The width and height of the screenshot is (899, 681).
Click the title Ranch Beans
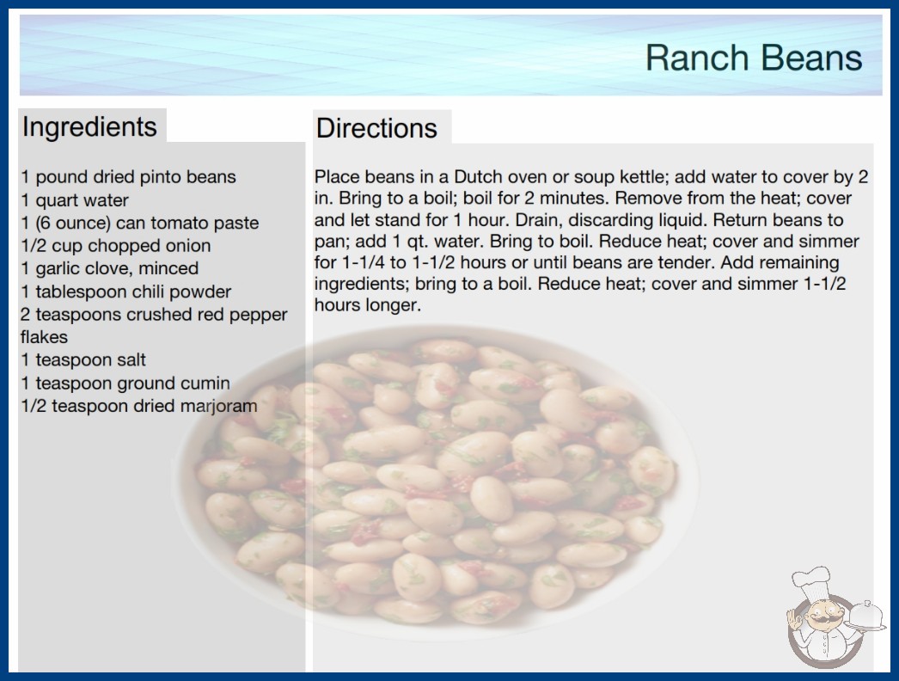pos(754,58)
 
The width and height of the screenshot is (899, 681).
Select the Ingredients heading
pos(89,127)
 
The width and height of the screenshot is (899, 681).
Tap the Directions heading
pos(376,128)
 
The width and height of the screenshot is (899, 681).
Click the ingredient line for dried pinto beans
pos(128,177)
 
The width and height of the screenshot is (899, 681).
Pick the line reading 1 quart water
pos(75,200)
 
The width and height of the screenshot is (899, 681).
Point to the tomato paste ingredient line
pos(140,224)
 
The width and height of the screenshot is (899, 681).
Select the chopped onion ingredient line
pos(116,246)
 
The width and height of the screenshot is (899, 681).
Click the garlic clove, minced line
pos(110,268)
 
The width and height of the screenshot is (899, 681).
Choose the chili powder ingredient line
pos(126,291)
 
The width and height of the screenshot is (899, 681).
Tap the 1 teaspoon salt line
pos(83,359)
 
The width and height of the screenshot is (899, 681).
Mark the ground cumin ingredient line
pos(125,383)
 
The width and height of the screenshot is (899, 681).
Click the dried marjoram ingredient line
pos(138,406)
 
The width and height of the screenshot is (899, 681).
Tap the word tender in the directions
pos(684,263)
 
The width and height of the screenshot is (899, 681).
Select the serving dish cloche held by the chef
pos(865,616)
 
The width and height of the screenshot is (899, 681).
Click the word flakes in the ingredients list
pos(44,337)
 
